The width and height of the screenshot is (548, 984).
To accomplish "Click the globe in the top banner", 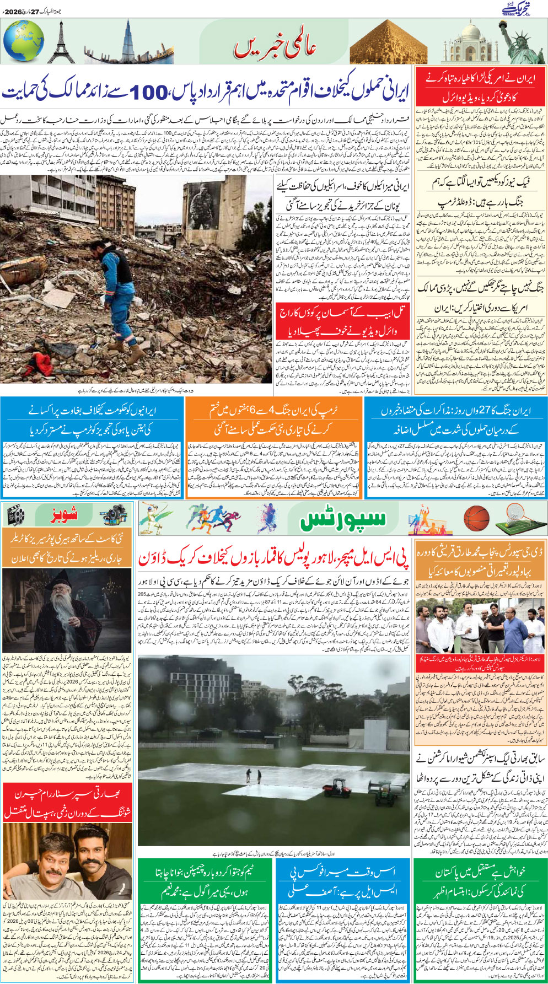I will [23, 41].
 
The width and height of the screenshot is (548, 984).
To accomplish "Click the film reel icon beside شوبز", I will [15, 515].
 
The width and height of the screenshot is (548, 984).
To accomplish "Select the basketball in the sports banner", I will [476, 519].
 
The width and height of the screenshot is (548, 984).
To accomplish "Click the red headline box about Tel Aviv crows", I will [343, 321].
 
